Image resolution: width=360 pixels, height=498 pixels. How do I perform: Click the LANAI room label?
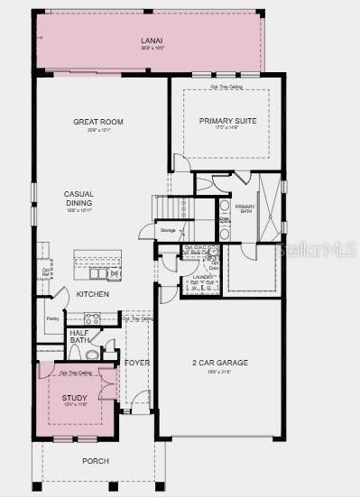click(151, 41)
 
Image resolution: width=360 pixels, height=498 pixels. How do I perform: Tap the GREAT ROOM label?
click(98, 122)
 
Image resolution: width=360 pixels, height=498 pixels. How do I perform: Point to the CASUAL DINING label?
click(78, 198)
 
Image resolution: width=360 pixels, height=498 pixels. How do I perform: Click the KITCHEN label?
click(93, 294)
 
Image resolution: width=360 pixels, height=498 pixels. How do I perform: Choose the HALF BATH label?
click(79, 337)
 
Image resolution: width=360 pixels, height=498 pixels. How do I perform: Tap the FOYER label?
click(137, 363)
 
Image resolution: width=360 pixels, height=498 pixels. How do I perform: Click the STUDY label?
click(75, 397)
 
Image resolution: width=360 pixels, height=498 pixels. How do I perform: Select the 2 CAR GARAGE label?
click(219, 363)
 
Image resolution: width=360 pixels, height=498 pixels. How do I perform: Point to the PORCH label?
click(95, 461)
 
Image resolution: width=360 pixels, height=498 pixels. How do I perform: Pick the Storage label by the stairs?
click(168, 231)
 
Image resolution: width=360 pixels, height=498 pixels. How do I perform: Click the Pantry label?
click(51, 318)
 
